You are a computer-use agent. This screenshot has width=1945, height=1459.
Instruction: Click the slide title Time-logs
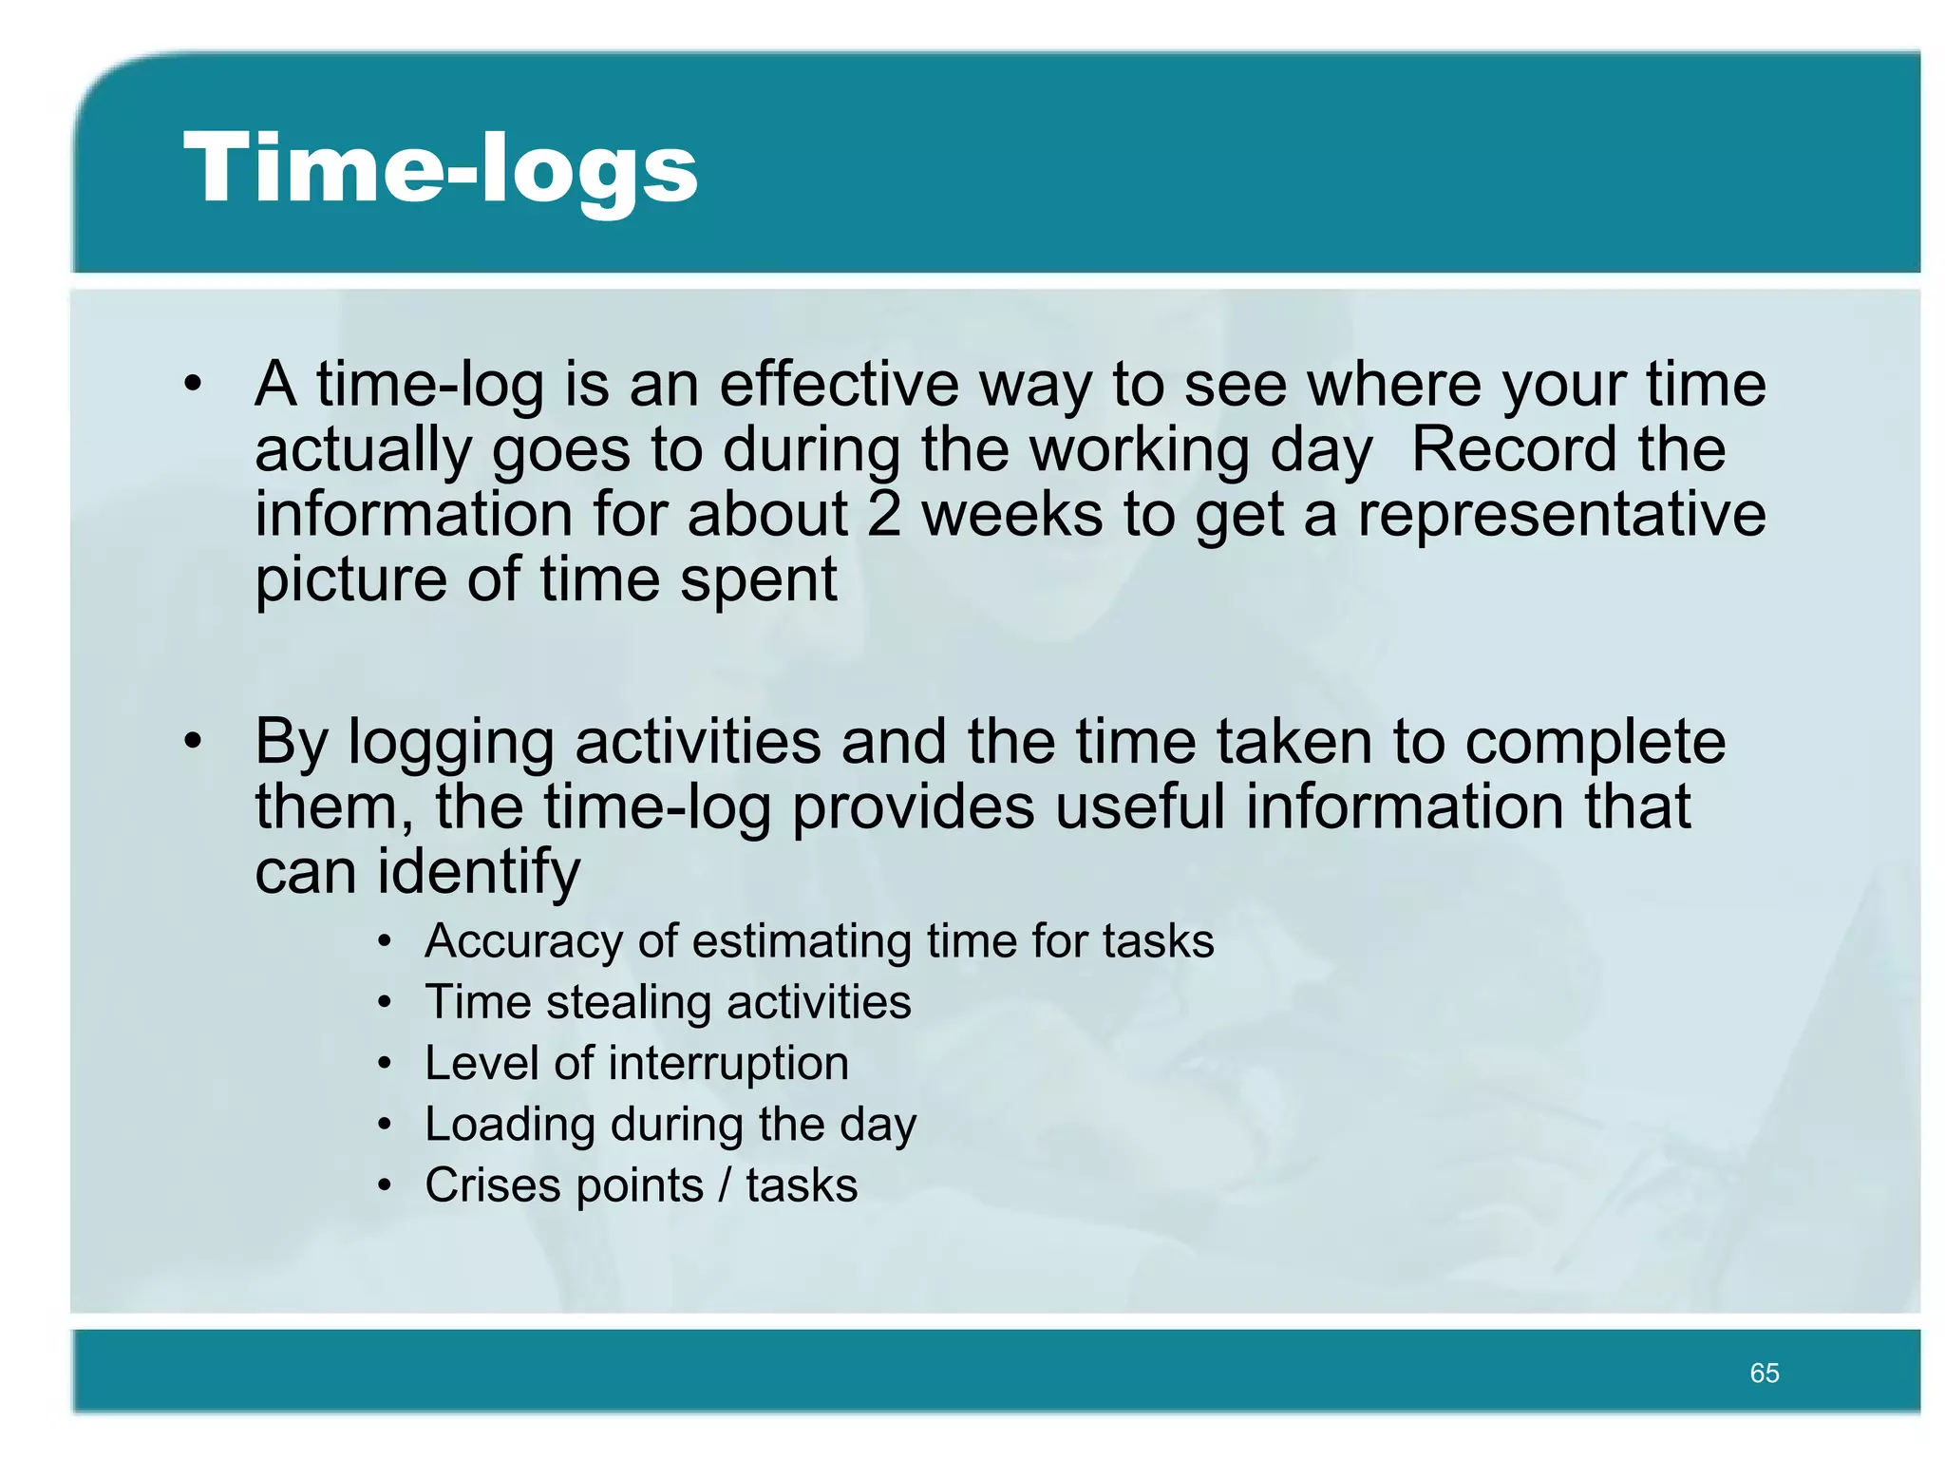(x=441, y=169)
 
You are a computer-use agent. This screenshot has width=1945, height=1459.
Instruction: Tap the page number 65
(x=1764, y=1373)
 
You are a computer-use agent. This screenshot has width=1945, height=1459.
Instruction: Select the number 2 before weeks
(x=883, y=515)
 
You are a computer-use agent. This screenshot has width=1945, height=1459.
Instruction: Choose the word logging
(x=451, y=743)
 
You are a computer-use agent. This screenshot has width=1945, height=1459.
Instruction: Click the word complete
(x=1595, y=743)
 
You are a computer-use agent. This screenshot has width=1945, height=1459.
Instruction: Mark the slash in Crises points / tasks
(x=725, y=1185)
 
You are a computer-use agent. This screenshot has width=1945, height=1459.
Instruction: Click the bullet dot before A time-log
(x=194, y=385)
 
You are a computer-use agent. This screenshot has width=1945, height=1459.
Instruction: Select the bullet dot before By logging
(x=194, y=742)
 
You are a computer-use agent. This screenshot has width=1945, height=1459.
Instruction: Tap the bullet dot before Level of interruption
(x=384, y=1064)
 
